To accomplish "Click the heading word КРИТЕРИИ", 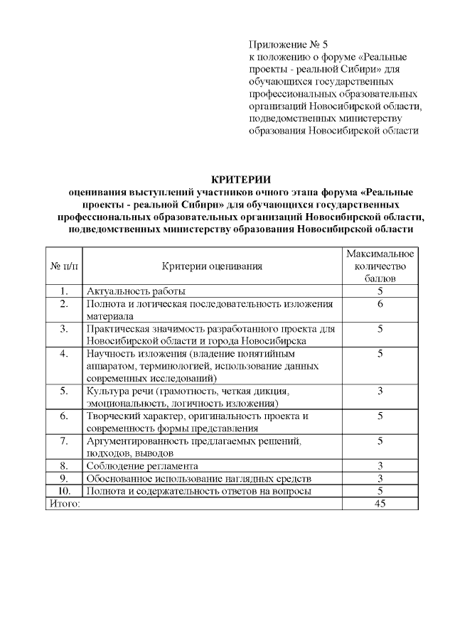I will [242, 178].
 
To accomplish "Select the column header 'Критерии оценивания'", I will [212, 266].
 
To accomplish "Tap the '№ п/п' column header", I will [64, 266].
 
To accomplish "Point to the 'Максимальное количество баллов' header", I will [380, 266].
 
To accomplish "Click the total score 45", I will [380, 504].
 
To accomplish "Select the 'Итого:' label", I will [64, 504].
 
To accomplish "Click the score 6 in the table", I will [380, 304].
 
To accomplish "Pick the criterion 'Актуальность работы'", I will [136, 291].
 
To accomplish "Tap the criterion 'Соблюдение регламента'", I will [142, 466].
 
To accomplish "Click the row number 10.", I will [64, 491].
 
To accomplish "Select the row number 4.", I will [64, 353].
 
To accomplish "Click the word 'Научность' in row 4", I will [109, 353].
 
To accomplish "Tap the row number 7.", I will [64, 441].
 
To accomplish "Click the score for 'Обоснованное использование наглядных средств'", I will [380, 479].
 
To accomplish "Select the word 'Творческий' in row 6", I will [112, 416].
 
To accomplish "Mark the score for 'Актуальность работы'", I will [380, 291].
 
